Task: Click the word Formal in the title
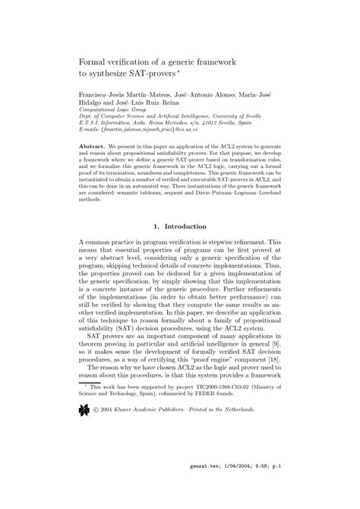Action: (96, 60)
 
